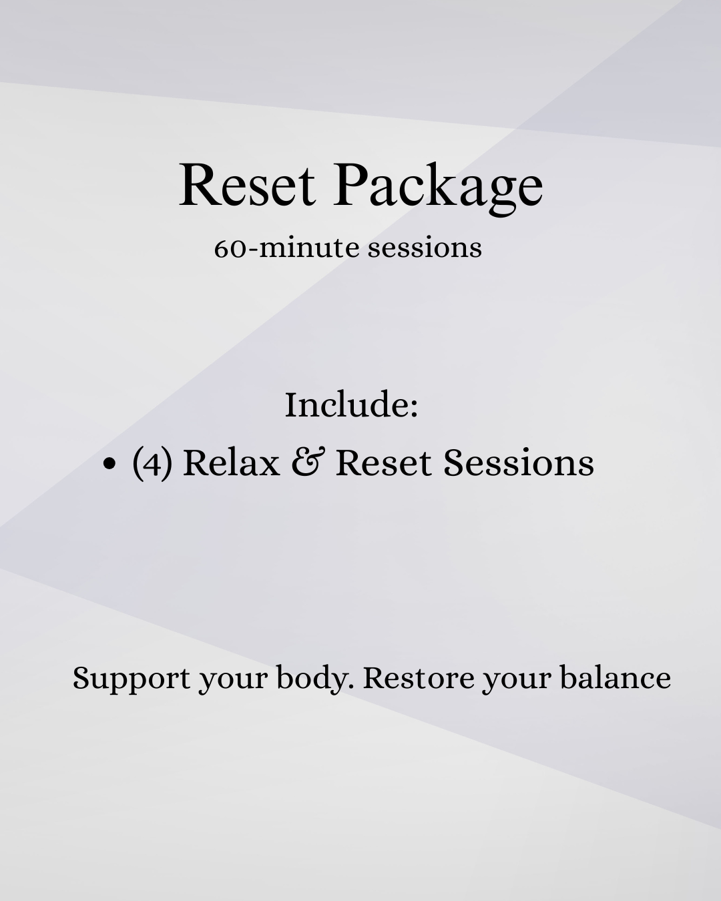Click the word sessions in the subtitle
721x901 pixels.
click(x=425, y=248)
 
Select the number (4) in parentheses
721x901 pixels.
click(x=152, y=463)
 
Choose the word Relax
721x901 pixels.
click(x=231, y=462)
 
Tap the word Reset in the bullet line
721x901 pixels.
click(x=383, y=462)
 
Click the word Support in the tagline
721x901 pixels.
click(x=132, y=679)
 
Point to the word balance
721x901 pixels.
click(x=615, y=678)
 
